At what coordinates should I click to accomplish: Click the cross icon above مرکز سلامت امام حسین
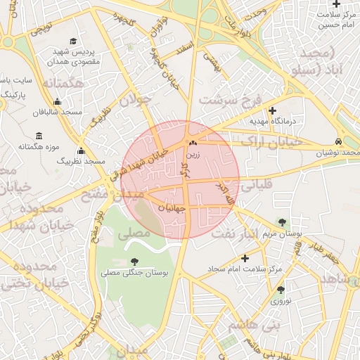click(337, 4)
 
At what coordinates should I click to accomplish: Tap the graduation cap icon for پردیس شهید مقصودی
click(75, 41)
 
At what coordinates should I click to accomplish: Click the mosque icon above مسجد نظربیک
click(81, 150)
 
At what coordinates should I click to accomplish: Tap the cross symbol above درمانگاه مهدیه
click(273, 110)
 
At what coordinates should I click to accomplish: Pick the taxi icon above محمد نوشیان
click(340, 141)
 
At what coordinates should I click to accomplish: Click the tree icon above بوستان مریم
click(282, 221)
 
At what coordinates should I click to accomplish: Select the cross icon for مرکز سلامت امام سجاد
click(245, 258)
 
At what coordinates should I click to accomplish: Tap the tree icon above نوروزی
click(281, 289)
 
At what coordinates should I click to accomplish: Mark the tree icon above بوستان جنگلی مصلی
click(134, 262)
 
